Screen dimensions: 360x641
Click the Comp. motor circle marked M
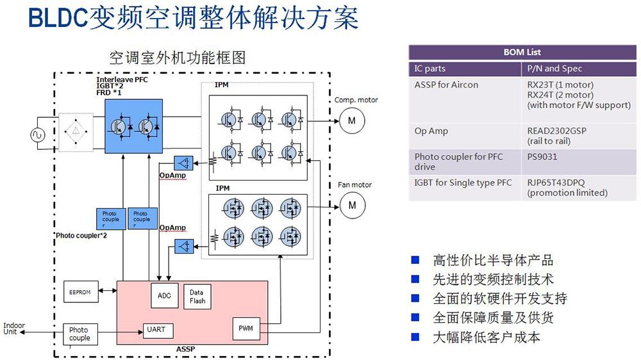click(351, 120)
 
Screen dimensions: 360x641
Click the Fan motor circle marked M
click(351, 206)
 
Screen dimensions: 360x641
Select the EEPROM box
click(80, 292)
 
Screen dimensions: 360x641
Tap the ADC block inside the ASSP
click(164, 295)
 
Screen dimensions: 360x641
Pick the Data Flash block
click(197, 297)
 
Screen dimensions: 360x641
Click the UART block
click(156, 330)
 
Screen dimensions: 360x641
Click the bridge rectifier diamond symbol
click(76, 133)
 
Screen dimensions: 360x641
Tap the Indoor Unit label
click(14, 329)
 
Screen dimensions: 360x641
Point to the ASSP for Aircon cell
click(446, 85)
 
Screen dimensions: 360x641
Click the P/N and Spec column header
click(554, 69)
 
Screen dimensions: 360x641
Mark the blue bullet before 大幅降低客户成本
click(415, 336)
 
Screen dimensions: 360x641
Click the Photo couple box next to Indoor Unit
click(80, 334)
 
